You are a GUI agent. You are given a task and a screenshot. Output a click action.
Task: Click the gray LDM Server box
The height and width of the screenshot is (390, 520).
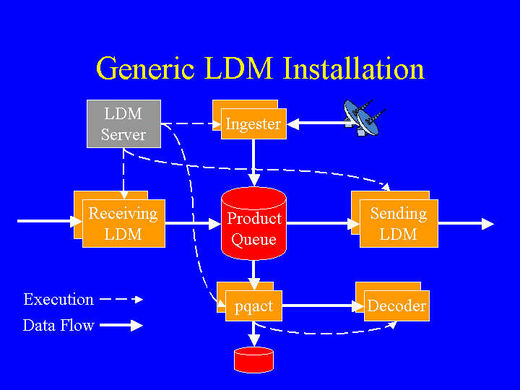(x=123, y=124)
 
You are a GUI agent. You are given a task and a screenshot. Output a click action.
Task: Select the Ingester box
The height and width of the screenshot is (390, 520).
(x=253, y=123)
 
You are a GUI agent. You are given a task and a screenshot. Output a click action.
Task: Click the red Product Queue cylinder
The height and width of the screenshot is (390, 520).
(x=253, y=224)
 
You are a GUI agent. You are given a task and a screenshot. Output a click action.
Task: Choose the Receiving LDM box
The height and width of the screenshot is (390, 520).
(x=123, y=223)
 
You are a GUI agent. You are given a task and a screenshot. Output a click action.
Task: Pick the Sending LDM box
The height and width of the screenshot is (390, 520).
(x=399, y=223)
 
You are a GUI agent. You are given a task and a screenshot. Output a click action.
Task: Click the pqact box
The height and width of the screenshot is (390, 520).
(x=253, y=305)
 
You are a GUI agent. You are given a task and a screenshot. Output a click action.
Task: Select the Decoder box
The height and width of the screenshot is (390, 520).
(x=396, y=305)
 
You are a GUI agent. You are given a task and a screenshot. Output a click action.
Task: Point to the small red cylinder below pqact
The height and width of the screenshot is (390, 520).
(x=253, y=359)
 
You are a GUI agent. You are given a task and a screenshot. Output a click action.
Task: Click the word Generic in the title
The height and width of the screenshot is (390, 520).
(x=144, y=69)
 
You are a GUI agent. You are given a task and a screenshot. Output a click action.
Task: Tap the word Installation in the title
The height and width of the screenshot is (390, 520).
(x=354, y=69)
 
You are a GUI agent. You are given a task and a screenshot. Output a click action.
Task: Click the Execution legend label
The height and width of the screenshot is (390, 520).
(x=58, y=299)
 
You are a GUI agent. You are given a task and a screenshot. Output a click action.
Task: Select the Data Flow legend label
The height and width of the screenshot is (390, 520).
(x=58, y=326)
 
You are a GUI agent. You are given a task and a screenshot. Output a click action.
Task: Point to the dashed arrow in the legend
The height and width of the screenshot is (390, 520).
(x=121, y=299)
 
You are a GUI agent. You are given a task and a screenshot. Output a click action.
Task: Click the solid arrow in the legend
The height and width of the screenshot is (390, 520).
(x=121, y=326)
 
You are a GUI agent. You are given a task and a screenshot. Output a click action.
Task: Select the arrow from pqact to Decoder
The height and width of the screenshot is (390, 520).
(x=322, y=306)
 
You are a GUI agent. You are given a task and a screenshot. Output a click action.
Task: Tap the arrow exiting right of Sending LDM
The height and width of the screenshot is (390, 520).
(x=466, y=224)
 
